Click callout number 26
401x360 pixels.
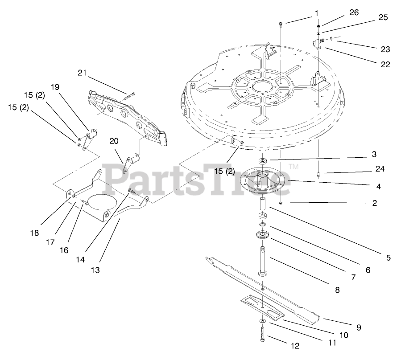click(x=354, y=13)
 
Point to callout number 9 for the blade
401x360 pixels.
click(x=359, y=327)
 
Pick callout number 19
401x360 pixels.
click(x=54, y=87)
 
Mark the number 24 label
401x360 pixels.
click(x=380, y=169)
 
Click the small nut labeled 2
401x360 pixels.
click(x=281, y=203)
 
